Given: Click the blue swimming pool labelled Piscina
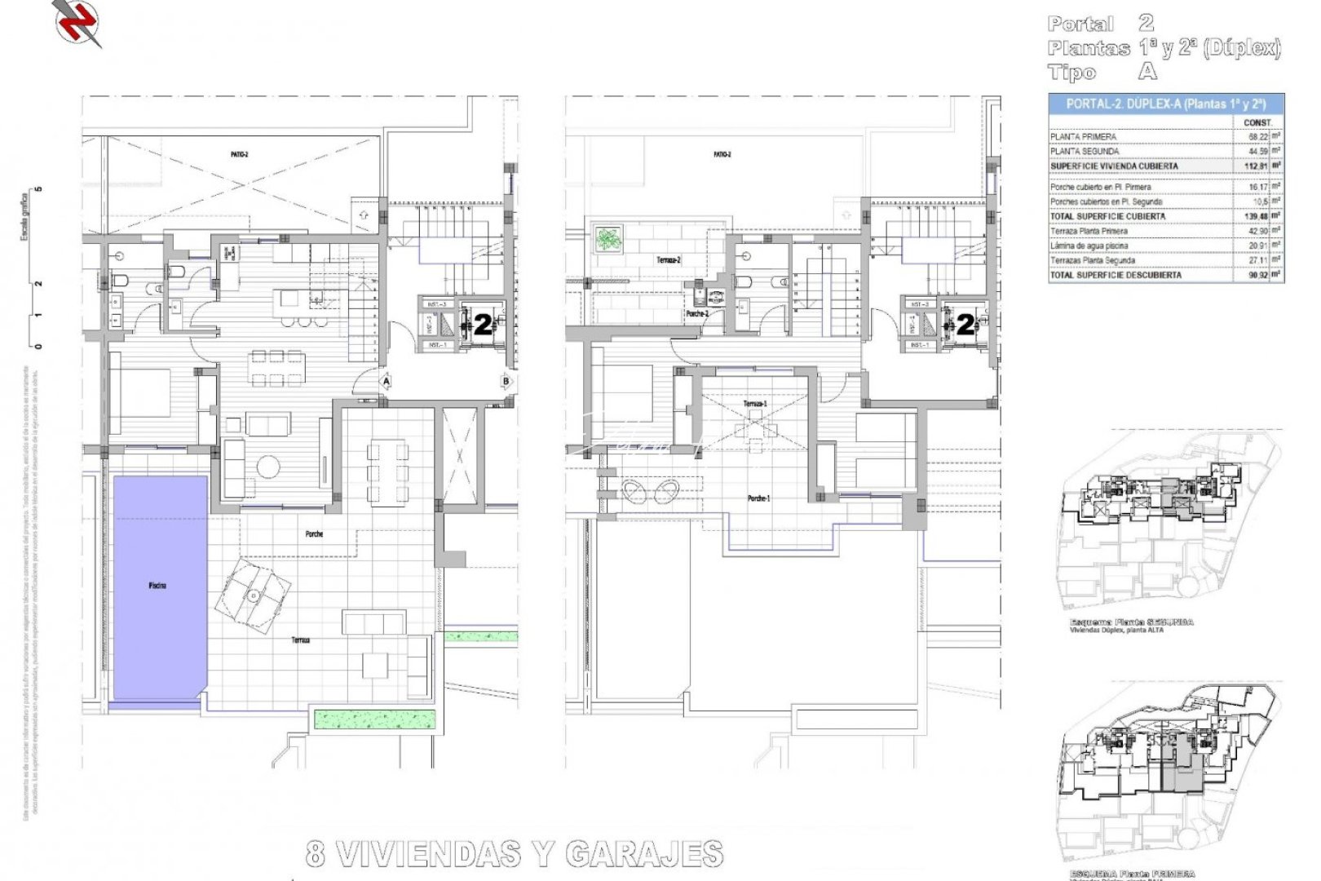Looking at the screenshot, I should pyautogui.click(x=159, y=586).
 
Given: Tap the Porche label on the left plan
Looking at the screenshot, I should pyautogui.click(x=314, y=534).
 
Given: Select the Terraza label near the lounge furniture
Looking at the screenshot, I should pyautogui.click(x=301, y=640).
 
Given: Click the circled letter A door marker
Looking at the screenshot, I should pyautogui.click(x=386, y=381).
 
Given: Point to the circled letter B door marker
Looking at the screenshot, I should pyautogui.click(x=506, y=381).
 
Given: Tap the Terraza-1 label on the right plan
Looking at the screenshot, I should pyautogui.click(x=755, y=404).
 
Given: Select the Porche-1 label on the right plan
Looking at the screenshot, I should pyautogui.click(x=758, y=498).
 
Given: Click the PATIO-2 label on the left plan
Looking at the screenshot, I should pyautogui.click(x=239, y=154).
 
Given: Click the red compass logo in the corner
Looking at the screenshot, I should pyautogui.click(x=78, y=20).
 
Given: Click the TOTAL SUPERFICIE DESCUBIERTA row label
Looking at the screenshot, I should pyautogui.click(x=1116, y=276).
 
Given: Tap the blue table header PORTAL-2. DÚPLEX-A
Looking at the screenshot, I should pyautogui.click(x=1165, y=104).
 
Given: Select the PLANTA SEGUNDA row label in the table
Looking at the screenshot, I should pyautogui.click(x=1085, y=152).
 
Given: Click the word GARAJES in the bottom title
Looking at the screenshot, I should pyautogui.click(x=644, y=854).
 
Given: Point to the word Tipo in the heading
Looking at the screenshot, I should pyautogui.click(x=1072, y=73).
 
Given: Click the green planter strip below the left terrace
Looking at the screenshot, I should pyautogui.click(x=376, y=719).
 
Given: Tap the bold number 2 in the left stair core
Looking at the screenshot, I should pyautogui.click(x=483, y=325).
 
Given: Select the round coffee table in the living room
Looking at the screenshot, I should pyautogui.click(x=268, y=466).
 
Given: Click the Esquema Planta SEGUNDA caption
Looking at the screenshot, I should pyautogui.click(x=1131, y=622).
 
